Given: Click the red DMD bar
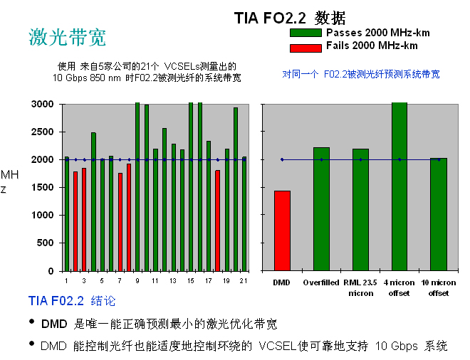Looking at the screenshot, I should click(x=282, y=231).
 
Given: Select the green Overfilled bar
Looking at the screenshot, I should click(x=321, y=208).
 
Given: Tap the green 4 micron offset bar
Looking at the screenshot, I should click(x=399, y=186).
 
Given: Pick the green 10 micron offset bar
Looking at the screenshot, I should click(x=439, y=214).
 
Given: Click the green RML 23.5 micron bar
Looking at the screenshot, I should click(x=360, y=209).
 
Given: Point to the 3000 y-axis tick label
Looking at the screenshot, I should click(x=43, y=105).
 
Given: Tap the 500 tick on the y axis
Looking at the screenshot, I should click(x=46, y=243).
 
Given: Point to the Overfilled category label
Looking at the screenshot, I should click(x=320, y=282).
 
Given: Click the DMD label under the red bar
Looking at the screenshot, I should click(x=282, y=282).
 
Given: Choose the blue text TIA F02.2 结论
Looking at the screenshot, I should click(x=71, y=301).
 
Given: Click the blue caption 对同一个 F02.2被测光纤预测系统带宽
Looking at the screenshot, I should click(x=361, y=74).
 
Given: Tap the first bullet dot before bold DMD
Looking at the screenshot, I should click(x=32, y=323).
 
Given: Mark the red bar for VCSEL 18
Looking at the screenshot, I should click(x=217, y=221).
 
